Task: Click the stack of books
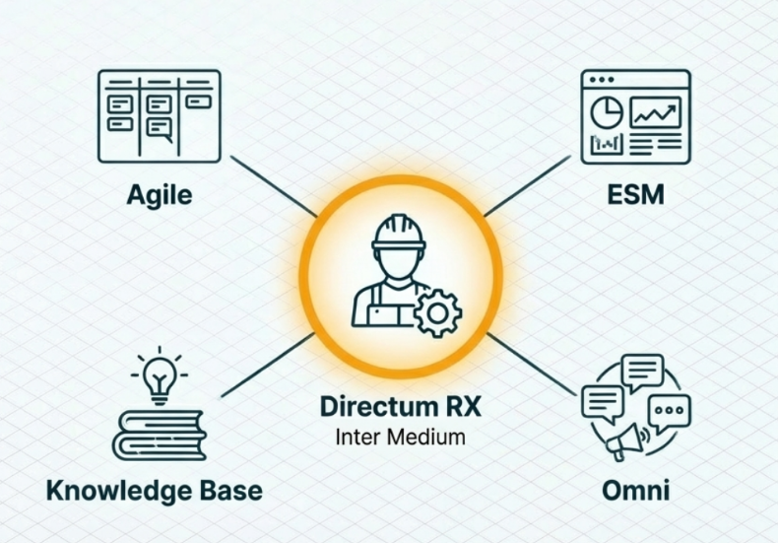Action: [x=159, y=435]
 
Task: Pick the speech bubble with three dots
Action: [x=671, y=410]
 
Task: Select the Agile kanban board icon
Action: [x=159, y=115]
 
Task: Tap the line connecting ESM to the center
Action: [x=528, y=187]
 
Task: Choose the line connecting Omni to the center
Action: [x=532, y=365]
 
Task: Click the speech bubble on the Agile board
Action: [x=161, y=126]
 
